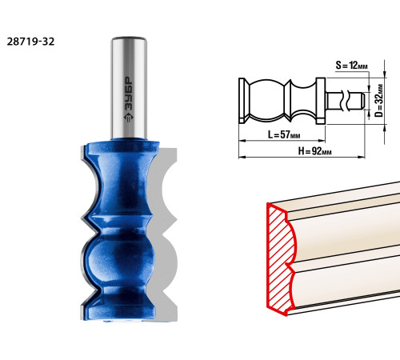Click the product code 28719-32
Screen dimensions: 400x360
[30, 42]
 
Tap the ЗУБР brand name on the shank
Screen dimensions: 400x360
[129, 94]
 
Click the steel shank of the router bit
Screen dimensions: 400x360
[129, 88]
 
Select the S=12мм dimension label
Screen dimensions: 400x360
[351, 66]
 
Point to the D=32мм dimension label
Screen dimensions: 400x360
[378, 101]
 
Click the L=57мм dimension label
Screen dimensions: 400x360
[284, 134]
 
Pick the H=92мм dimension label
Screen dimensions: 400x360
[314, 151]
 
